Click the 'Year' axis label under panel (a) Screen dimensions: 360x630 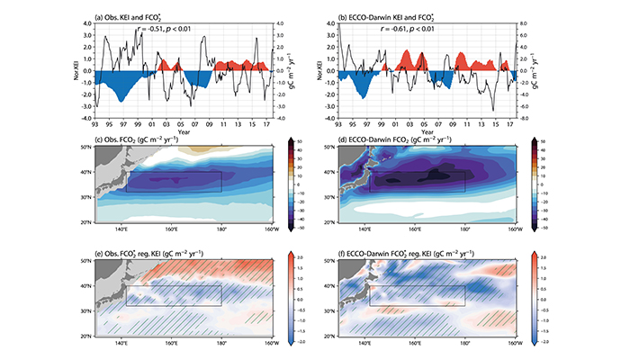tap(184, 133)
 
